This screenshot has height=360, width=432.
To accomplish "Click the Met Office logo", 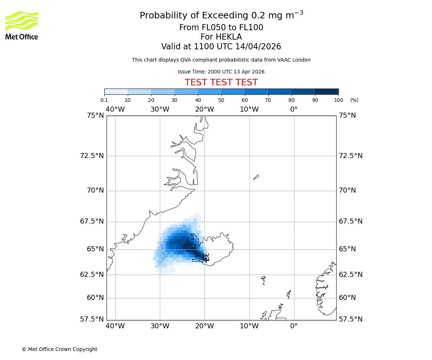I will (22, 25).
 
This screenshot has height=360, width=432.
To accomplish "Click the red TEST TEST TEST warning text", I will (221, 83).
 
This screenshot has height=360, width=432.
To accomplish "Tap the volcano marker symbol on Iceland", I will (206, 257).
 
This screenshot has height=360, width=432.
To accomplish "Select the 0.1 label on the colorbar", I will (104, 100).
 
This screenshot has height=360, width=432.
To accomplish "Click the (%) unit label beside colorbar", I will (354, 100).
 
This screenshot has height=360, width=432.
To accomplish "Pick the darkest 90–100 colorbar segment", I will (327, 91).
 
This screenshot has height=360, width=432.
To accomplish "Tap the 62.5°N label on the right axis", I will (351, 275).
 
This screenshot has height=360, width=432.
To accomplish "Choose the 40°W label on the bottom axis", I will (115, 326).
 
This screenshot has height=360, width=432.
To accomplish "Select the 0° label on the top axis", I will (294, 109).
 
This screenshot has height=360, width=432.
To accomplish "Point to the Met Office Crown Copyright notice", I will (59, 349).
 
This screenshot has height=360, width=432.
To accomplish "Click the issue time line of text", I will (221, 72).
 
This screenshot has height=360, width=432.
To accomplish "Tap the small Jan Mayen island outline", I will (256, 177).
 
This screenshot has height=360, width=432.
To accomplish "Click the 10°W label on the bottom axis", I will (249, 326).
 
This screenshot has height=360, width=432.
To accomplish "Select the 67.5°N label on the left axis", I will (92, 221).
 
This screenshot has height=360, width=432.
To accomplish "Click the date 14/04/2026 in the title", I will (258, 47).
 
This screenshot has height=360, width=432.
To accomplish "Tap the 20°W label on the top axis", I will (204, 109).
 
